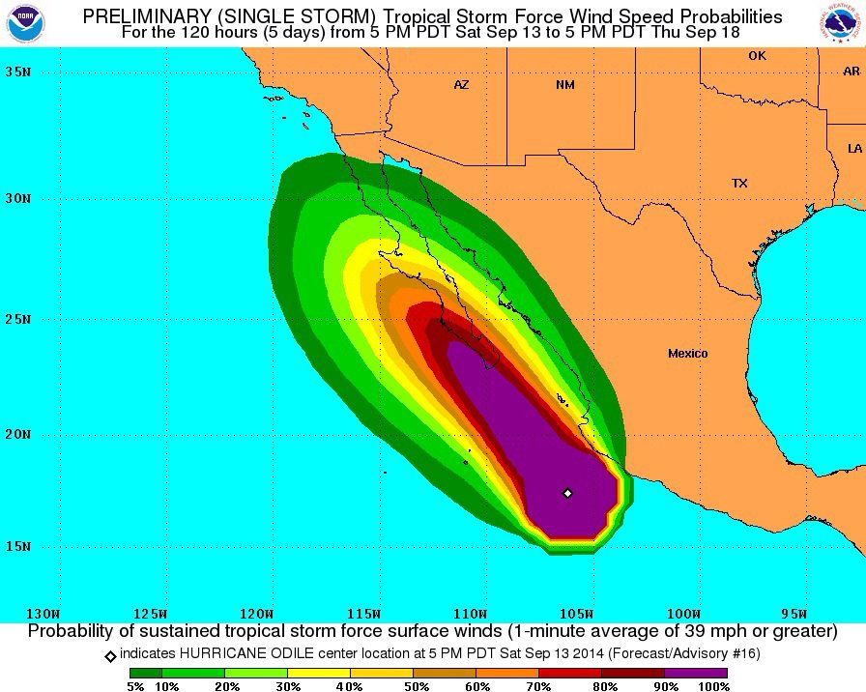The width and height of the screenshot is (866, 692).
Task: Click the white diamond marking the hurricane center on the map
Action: pos(567,493)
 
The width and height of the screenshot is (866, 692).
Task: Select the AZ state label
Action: pos(461,85)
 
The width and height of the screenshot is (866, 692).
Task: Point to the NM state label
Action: pos(565,85)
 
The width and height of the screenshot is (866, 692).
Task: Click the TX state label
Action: pos(739,183)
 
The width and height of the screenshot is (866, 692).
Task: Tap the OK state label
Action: pos(757,56)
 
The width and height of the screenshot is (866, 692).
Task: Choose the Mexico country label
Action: pos(687,354)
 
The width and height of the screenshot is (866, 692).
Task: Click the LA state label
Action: pos(854,149)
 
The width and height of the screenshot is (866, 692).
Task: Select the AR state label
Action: pos(851,72)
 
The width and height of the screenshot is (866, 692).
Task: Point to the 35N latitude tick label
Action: pos(16,72)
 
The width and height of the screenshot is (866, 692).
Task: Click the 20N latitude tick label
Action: pos(16,434)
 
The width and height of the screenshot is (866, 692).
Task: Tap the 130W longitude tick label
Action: pos(43,614)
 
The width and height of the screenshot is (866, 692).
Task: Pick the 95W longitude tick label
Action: pos(793,614)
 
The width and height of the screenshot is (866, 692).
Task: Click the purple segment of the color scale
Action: pos(696,673)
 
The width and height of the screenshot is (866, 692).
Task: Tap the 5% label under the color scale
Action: pos(134,686)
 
